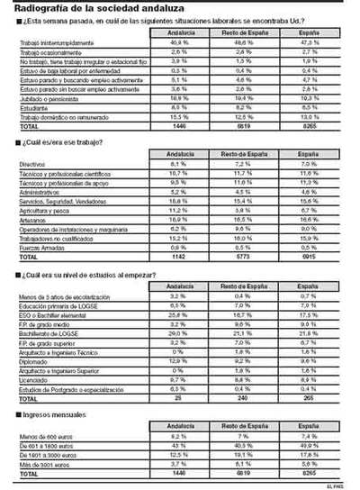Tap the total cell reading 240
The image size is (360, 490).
point(242,395)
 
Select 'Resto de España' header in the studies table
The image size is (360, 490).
point(242,285)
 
